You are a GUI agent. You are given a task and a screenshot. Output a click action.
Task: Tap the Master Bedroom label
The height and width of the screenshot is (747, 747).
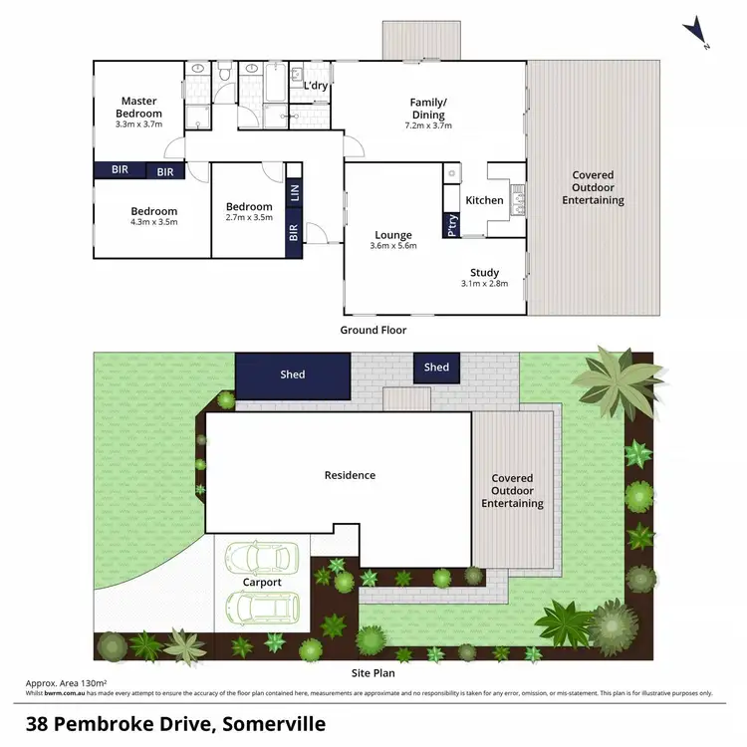(x=140, y=107)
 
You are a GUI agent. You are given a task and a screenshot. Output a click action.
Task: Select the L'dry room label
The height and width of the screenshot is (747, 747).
(x=315, y=86)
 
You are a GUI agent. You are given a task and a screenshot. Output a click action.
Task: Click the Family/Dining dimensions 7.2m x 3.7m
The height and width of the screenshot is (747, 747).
(x=428, y=126)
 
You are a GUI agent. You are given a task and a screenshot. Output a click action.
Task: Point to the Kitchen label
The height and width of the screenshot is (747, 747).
(x=485, y=200)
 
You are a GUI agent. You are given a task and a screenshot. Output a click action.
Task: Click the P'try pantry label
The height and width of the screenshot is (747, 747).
(x=452, y=226)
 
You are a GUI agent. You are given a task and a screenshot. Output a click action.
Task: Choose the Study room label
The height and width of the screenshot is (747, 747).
(x=484, y=272)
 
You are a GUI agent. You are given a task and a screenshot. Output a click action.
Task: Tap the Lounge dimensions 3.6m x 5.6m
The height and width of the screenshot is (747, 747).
(x=392, y=245)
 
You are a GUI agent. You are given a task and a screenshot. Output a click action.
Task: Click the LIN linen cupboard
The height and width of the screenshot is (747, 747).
(x=294, y=192)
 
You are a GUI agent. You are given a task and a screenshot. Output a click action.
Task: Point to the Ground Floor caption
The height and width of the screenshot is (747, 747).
(x=373, y=330)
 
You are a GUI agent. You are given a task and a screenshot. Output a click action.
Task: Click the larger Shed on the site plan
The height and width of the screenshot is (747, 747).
(x=293, y=374)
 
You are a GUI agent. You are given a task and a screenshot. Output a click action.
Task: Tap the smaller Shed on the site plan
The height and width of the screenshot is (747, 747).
(x=436, y=368)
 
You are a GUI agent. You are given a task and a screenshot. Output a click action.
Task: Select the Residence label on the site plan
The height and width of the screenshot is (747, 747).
(x=350, y=475)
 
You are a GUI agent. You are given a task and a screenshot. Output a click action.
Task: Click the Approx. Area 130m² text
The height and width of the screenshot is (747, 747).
(x=66, y=683)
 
